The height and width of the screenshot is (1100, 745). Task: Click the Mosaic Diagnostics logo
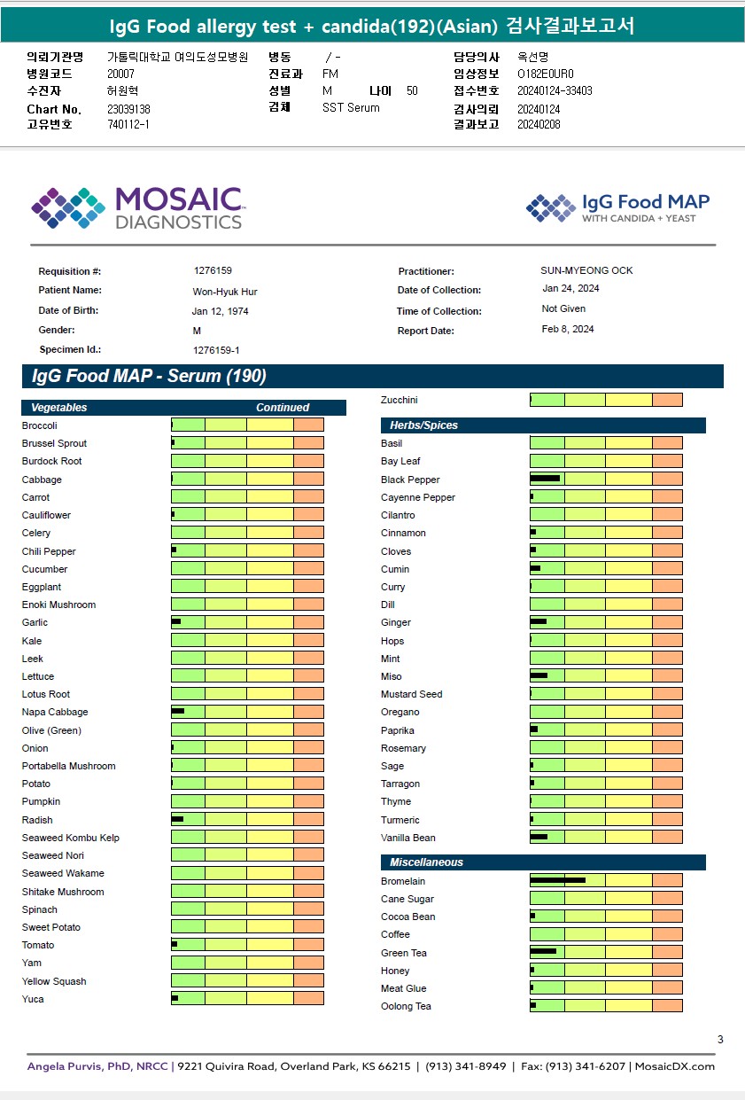pyautogui.click(x=136, y=207)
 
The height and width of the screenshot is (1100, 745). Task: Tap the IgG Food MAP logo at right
pyautogui.click(x=617, y=207)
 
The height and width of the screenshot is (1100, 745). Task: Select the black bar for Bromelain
pyautogui.click(x=557, y=880)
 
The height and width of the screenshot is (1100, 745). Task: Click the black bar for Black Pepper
pyautogui.click(x=545, y=479)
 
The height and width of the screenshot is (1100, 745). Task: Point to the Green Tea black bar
pyautogui.click(x=543, y=952)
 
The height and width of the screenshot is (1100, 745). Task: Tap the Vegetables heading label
pyautogui.click(x=59, y=408)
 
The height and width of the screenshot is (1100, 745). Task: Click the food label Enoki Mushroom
pyautogui.click(x=58, y=605)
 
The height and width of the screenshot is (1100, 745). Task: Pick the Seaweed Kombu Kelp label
pyautogui.click(x=70, y=838)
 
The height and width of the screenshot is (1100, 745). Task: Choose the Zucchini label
pyautogui.click(x=399, y=400)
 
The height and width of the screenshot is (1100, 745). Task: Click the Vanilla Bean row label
pyautogui.click(x=407, y=838)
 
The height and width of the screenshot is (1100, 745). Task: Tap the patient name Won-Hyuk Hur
pyautogui.click(x=225, y=292)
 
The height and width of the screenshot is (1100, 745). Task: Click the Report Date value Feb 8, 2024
pyautogui.click(x=568, y=329)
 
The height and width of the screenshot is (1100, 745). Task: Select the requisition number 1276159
pyautogui.click(x=213, y=270)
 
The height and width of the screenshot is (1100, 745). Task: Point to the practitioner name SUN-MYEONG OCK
pyautogui.click(x=586, y=270)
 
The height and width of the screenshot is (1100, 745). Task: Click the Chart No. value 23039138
pyautogui.click(x=128, y=108)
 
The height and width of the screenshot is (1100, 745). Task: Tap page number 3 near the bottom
pyautogui.click(x=720, y=1040)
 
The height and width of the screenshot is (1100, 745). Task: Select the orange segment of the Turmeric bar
pyautogui.click(x=667, y=820)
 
